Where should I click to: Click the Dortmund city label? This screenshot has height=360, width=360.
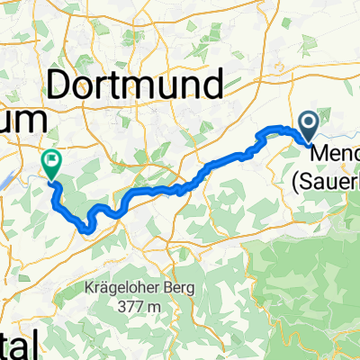point(147,86)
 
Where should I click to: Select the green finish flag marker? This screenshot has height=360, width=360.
point(50,162)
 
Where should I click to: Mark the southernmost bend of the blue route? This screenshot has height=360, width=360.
point(85,229)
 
